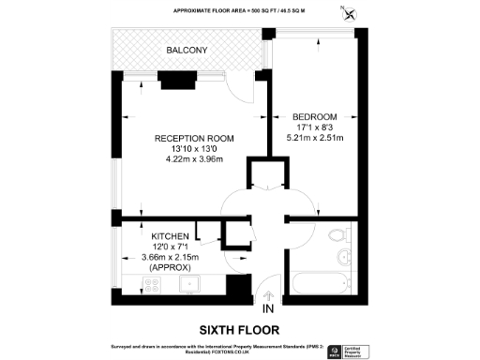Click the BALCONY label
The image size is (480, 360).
pyautogui.click(x=187, y=50)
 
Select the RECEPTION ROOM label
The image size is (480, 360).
pyautogui.click(x=194, y=138)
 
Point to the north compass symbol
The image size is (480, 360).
pyautogui.click(x=350, y=13)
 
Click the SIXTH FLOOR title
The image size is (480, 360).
pyautogui.click(x=239, y=329)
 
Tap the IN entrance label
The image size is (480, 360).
pyautogui.click(x=268, y=307)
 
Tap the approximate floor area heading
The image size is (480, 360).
pyautogui.click(x=239, y=10)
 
